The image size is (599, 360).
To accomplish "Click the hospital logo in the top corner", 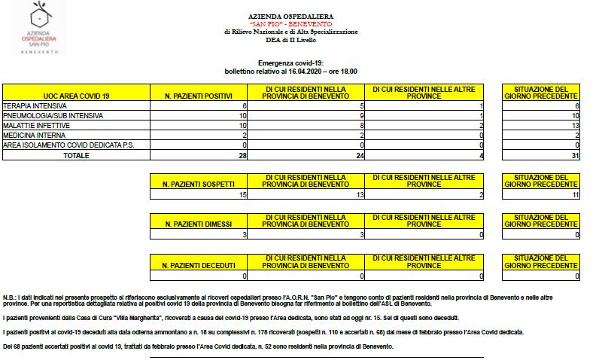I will pyautogui.click(x=38, y=28).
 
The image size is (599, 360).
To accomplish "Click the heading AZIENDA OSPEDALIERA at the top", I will pyautogui.click(x=290, y=16).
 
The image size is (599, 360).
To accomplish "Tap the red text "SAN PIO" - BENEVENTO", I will pyautogui.click(x=290, y=24).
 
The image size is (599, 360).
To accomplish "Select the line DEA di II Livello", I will pyautogui.click(x=290, y=39).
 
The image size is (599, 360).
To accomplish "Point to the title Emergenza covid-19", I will pyautogui.click(x=290, y=63).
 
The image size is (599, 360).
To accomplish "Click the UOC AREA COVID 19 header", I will pyautogui.click(x=76, y=96).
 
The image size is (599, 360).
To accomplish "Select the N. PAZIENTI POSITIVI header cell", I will pyautogui.click(x=199, y=96).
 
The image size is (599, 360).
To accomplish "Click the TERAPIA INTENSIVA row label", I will pyautogui.click(x=35, y=106).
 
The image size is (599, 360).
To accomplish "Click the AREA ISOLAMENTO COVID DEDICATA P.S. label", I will pyautogui.click(x=68, y=145).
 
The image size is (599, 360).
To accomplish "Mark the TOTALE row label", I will pyautogui.click(x=76, y=155).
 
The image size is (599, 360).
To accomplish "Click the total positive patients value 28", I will pyautogui.click(x=242, y=155).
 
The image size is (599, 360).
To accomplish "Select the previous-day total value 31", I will pyautogui.click(x=574, y=155).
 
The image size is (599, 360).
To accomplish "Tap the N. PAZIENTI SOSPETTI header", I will pyautogui.click(x=199, y=184).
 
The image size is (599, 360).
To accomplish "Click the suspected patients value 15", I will pyautogui.click(x=242, y=195).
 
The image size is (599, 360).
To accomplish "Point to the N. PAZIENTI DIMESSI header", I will pyautogui.click(x=199, y=224).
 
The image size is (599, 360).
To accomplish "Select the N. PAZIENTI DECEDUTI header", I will pyautogui.click(x=199, y=265).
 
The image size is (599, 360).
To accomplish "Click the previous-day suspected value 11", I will pyautogui.click(x=574, y=195).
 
